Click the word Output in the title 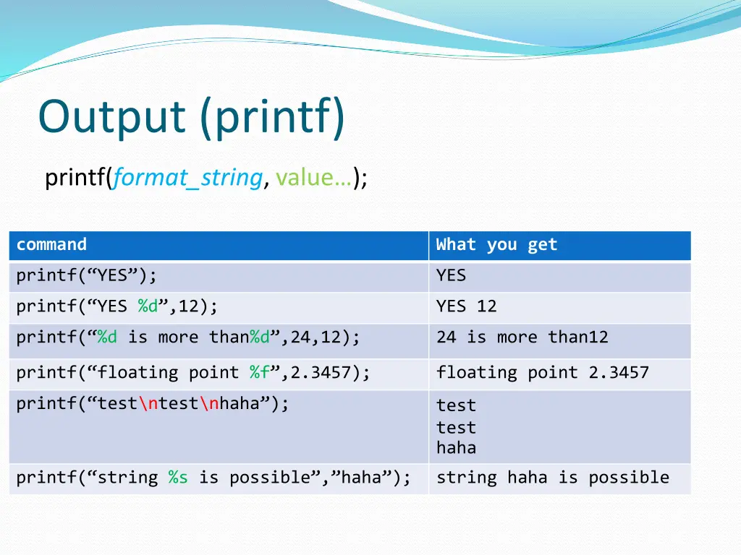tap(109, 117)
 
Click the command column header tap(51, 244)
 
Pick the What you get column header tap(496, 244)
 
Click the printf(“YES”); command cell tap(87, 275)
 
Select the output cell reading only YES tap(452, 275)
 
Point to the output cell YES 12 tap(467, 306)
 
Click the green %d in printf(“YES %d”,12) tap(148, 306)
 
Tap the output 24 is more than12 tap(522, 337)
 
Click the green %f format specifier tap(260, 372)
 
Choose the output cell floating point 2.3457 tap(542, 372)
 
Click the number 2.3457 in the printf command tap(321, 372)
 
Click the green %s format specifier tap(178, 477)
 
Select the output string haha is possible tap(552, 477)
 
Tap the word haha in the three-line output tap(456, 447)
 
